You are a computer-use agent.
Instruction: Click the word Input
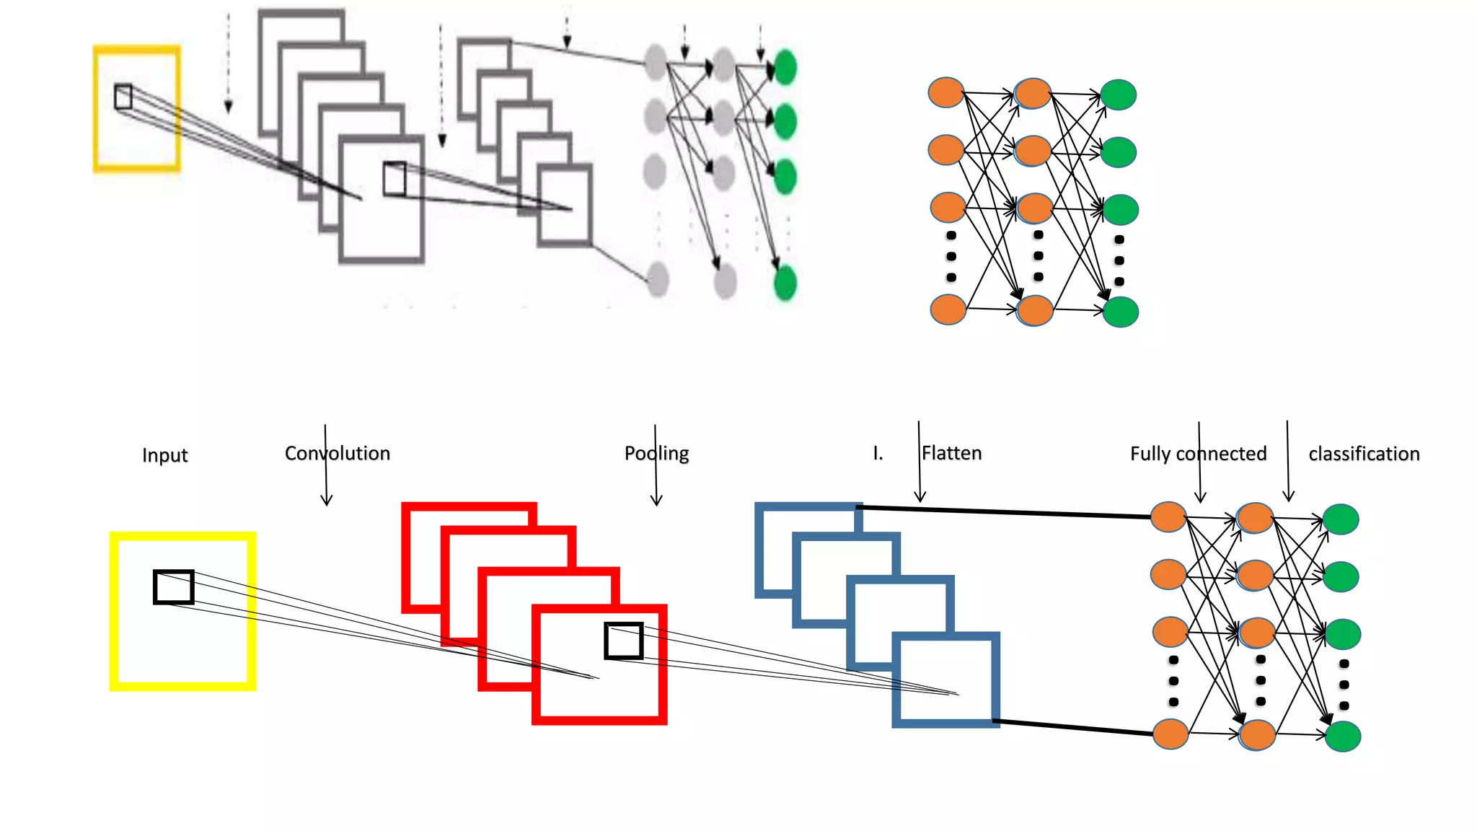pyautogui.click(x=164, y=455)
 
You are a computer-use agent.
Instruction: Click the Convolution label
pyautogui.click(x=337, y=453)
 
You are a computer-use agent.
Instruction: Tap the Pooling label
pyautogui.click(x=656, y=453)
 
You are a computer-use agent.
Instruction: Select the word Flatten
pyautogui.click(x=951, y=453)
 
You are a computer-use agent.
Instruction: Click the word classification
pyautogui.click(x=1364, y=454)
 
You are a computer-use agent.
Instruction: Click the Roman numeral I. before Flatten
pyautogui.click(x=878, y=453)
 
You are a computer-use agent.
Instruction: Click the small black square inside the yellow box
pyautogui.click(x=174, y=587)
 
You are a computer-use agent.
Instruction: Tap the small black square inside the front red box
pyautogui.click(x=624, y=641)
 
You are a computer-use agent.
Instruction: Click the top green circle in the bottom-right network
pyautogui.click(x=1341, y=519)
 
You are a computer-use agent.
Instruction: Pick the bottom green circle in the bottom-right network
pyautogui.click(x=1343, y=737)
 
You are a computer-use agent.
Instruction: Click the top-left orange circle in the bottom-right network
pyautogui.click(x=1168, y=517)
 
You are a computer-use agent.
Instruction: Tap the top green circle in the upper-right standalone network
pyautogui.click(x=1118, y=95)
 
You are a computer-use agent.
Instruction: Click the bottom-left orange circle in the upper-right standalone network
pyautogui.click(x=948, y=309)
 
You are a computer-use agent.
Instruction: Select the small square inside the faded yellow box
pyautogui.click(x=123, y=97)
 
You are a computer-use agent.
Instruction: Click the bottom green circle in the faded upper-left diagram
pyautogui.click(x=785, y=282)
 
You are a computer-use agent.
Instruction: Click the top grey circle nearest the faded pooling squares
pyautogui.click(x=655, y=62)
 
